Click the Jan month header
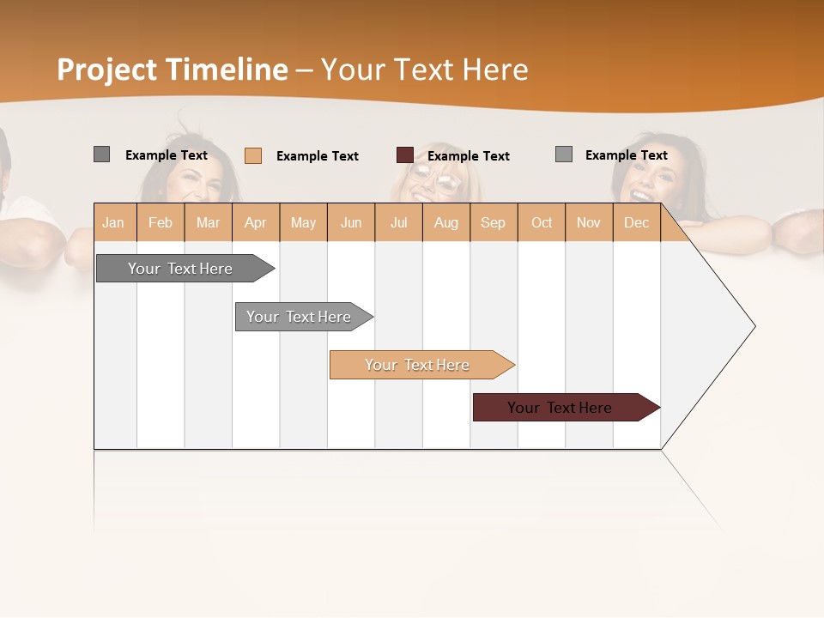(x=114, y=222)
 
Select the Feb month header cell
(x=161, y=222)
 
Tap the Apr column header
(x=256, y=222)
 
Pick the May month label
(x=303, y=222)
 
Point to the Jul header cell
(x=398, y=222)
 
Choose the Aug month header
(x=446, y=222)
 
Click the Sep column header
(x=494, y=222)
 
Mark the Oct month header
(x=542, y=222)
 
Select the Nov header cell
(x=589, y=222)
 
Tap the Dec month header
(x=637, y=222)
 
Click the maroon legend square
(x=405, y=155)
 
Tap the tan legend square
(x=253, y=155)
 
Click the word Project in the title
(x=107, y=70)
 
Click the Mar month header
(x=208, y=222)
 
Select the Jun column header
(x=351, y=222)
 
